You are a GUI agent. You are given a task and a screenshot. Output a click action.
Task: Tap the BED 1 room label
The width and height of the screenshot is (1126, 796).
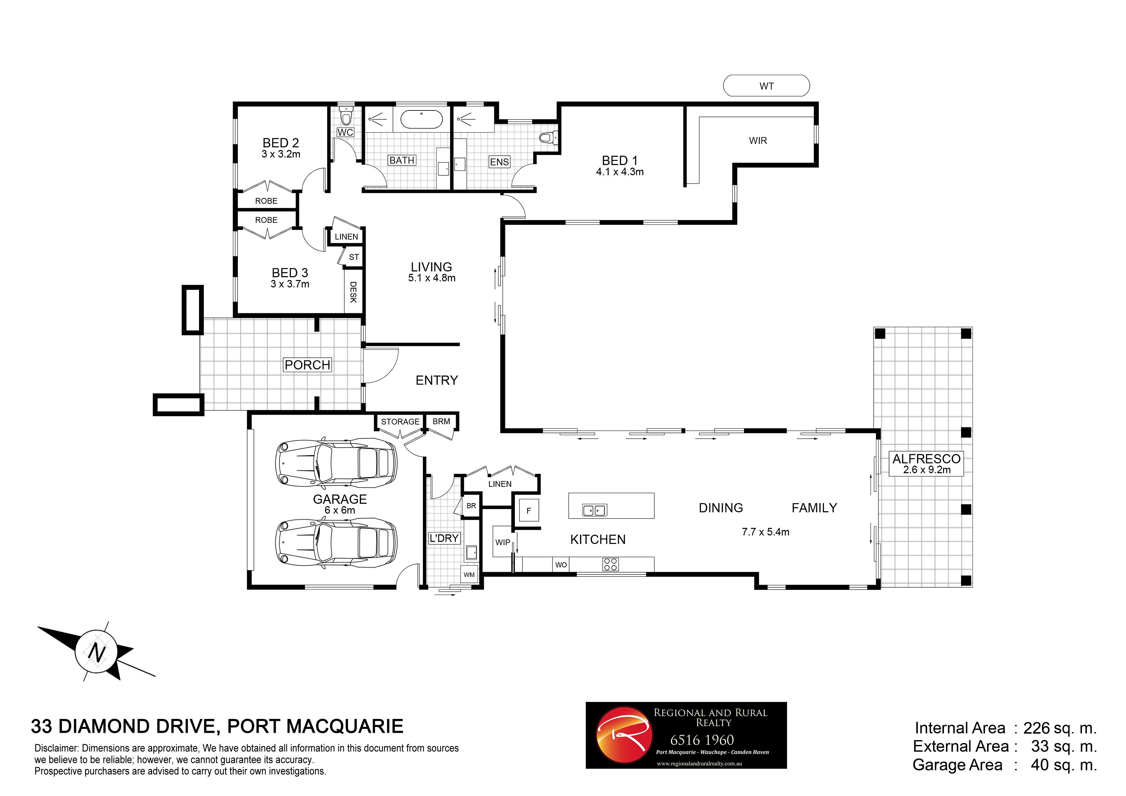pos(620,160)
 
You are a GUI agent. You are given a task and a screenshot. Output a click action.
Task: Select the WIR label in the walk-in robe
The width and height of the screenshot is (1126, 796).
pos(758,141)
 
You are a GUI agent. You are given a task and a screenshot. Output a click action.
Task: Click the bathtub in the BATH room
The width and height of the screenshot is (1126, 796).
pos(421,119)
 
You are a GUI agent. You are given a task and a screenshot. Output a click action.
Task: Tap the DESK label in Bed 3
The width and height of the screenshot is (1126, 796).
pos(353,292)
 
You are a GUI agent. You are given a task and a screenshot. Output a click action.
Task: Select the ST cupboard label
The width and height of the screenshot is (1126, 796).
pos(354,257)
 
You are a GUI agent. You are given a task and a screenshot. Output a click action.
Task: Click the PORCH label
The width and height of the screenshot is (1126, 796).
pos(307,365)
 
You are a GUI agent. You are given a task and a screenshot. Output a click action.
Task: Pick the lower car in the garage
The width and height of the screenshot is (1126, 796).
pos(336,543)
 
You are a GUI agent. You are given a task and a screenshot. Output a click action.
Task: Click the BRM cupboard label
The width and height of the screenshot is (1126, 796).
pos(441,421)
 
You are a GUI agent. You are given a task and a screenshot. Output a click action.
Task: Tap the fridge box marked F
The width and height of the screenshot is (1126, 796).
pos(529,511)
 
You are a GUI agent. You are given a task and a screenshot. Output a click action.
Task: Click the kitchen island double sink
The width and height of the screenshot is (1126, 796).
pos(594,510)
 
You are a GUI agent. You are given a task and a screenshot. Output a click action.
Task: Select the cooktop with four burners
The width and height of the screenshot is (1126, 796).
pos(611,564)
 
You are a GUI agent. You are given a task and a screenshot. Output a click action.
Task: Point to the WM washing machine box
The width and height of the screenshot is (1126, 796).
pos(469,574)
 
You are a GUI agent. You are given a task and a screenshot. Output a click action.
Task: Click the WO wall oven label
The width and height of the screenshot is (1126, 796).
pos(561,564)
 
